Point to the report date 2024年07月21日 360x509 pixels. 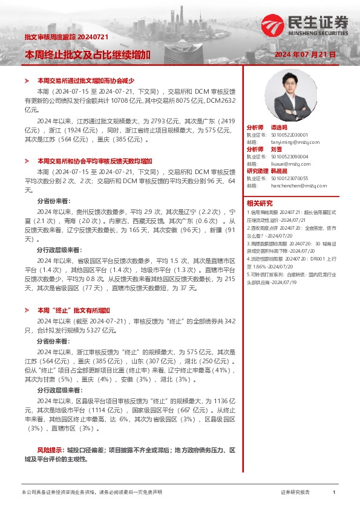[x=305, y=54]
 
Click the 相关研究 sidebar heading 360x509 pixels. [x=260, y=203]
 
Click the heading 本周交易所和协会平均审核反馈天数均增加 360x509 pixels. [x=94, y=161]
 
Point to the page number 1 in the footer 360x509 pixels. [x=333, y=493]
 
